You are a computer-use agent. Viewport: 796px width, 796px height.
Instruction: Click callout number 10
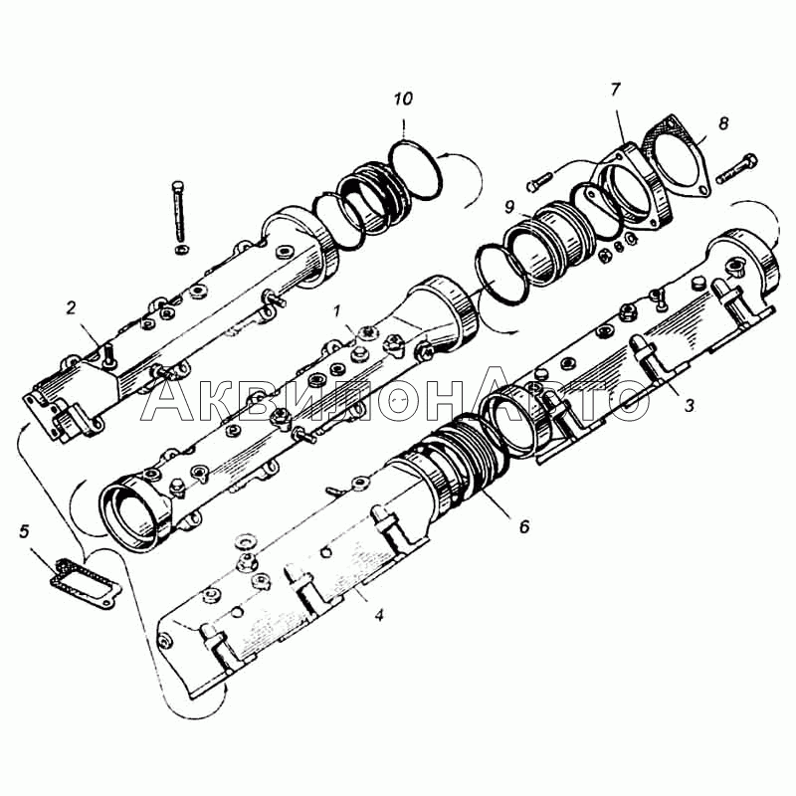(404, 99)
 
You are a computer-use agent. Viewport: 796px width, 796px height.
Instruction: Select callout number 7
(615, 90)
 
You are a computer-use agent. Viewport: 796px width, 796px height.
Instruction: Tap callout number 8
(723, 122)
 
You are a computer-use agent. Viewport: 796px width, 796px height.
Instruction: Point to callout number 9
(509, 207)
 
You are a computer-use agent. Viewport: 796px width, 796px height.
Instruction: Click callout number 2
(71, 307)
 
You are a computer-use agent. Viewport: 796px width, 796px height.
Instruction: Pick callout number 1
(336, 311)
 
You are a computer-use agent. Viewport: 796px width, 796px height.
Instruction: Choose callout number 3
(689, 405)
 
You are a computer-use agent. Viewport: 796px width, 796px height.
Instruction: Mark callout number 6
(524, 526)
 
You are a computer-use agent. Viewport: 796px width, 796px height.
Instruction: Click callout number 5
(24, 532)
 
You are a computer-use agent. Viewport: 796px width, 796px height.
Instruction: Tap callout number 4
(379, 615)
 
